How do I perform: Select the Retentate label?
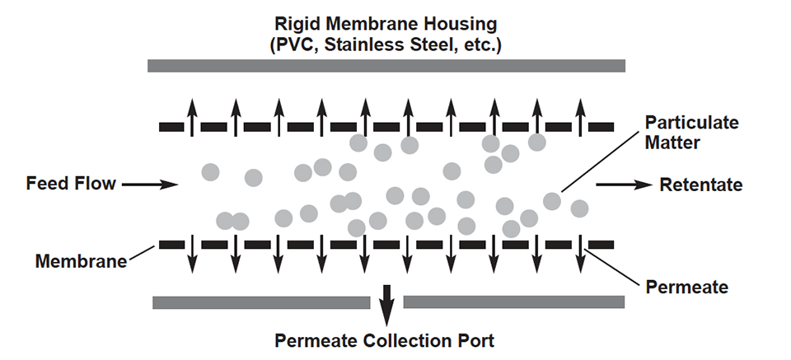(701, 185)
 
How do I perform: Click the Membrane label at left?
(80, 262)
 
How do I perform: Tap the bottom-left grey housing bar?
(260, 302)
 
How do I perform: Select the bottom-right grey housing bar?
(513, 302)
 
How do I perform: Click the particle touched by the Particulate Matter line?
(552, 201)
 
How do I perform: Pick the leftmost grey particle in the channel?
(211, 172)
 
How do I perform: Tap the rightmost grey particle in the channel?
(579, 208)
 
